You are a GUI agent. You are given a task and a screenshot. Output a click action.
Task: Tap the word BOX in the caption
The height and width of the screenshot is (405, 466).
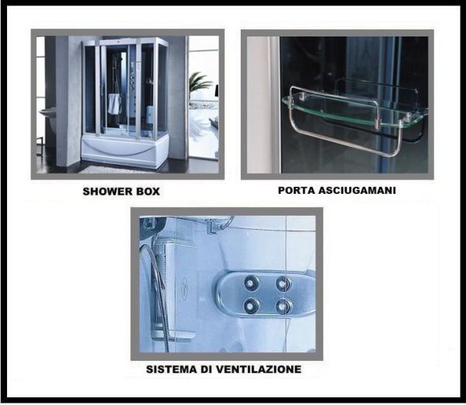click(x=148, y=192)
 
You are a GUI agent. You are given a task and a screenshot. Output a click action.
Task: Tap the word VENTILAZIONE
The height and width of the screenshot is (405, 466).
click(x=258, y=369)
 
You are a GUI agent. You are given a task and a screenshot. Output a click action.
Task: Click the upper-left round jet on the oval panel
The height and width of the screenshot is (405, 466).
click(x=251, y=283)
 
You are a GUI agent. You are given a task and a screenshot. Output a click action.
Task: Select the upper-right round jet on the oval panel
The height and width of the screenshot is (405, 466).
click(x=283, y=283)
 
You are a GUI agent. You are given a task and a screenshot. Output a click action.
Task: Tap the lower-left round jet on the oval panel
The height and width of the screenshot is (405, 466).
click(x=251, y=305)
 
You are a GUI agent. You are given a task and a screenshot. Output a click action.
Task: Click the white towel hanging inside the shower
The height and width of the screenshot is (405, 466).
click(x=114, y=104)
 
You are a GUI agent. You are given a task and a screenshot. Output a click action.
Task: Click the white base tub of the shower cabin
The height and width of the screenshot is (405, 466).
click(x=125, y=150)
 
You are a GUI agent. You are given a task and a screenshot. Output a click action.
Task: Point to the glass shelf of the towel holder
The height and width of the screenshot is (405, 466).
click(x=352, y=109)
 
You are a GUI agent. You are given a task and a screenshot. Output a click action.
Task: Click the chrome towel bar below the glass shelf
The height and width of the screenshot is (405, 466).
click(x=342, y=140)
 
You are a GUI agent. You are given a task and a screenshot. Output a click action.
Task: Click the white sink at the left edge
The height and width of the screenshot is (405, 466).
click(x=47, y=112)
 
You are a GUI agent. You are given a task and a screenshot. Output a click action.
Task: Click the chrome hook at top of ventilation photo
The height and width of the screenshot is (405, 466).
click(x=221, y=224)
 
